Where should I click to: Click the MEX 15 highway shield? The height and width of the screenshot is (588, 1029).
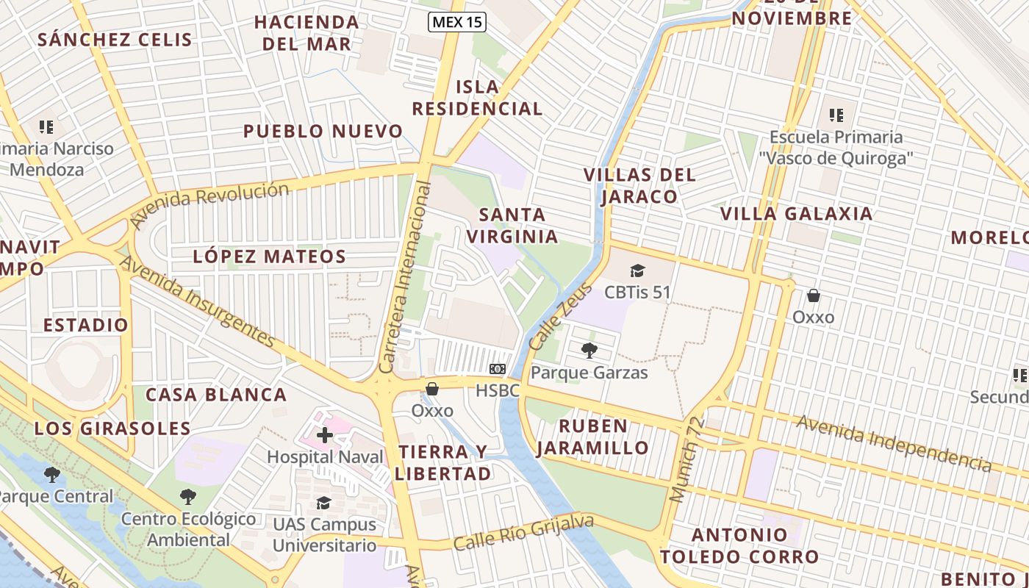457,22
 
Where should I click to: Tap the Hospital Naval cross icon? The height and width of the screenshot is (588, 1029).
324,435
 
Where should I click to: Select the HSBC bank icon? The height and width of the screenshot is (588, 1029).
498,368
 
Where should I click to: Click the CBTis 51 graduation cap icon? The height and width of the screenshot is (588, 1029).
637,270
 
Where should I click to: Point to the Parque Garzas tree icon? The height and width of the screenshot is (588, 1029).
589,350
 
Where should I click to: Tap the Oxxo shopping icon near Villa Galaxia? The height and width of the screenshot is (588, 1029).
813,295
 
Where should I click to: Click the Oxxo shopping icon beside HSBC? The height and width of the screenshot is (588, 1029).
432,389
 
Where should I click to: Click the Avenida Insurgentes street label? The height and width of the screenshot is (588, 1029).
196,301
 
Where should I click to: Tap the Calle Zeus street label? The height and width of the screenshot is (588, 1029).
550,316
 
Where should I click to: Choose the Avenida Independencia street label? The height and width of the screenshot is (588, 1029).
893,442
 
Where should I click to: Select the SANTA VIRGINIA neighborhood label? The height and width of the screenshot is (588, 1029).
512,226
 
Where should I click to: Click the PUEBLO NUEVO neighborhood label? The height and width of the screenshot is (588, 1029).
323,132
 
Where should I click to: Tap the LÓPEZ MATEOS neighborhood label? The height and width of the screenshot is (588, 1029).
269,257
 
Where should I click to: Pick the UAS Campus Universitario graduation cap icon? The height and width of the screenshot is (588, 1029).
324,503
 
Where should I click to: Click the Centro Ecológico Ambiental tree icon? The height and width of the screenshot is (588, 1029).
188,497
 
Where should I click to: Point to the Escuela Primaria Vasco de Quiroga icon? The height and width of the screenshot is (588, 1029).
836,115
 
